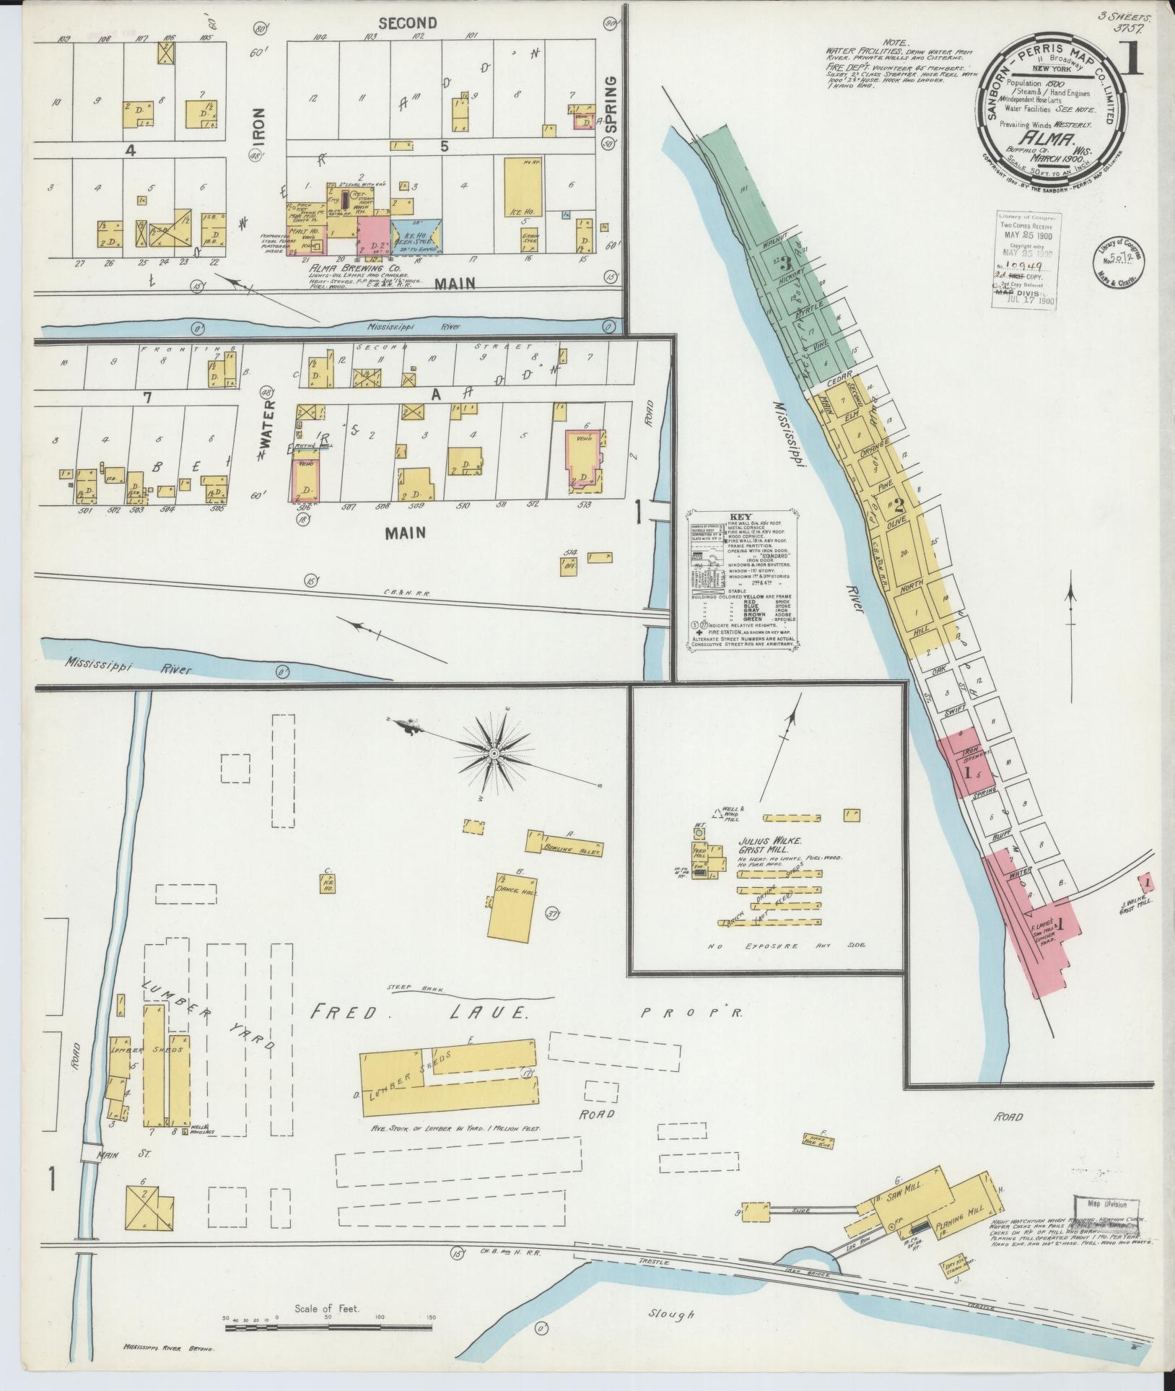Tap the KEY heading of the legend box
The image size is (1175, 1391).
741,517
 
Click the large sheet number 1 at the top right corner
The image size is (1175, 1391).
1133,60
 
